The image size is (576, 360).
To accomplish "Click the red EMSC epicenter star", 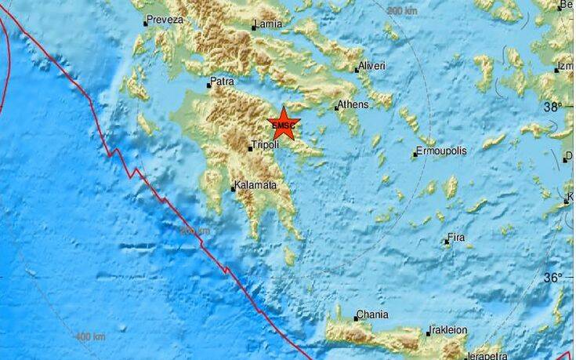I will coord(283,125).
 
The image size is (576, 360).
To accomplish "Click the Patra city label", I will coord(223,82).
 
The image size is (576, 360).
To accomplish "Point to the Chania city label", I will coord(372,315).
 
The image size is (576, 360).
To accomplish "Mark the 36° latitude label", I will coord(554,277).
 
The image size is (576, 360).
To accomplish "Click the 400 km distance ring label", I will coord(90,336).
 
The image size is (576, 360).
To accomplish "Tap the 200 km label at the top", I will coord(402,11).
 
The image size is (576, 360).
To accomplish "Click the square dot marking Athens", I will coord(336,107).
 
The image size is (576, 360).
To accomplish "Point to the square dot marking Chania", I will coord(355,317).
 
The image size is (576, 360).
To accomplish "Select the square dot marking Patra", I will coord(209,84).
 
